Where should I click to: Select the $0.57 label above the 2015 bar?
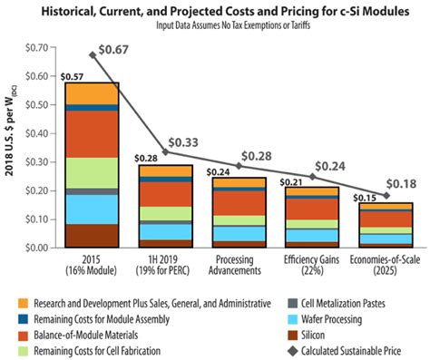click(x=73, y=75)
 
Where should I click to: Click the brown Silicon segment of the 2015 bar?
click(x=91, y=236)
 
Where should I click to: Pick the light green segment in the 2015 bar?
click(x=91, y=172)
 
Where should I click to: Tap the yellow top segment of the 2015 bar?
click(x=91, y=93)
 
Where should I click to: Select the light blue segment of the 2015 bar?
click(x=91, y=209)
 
